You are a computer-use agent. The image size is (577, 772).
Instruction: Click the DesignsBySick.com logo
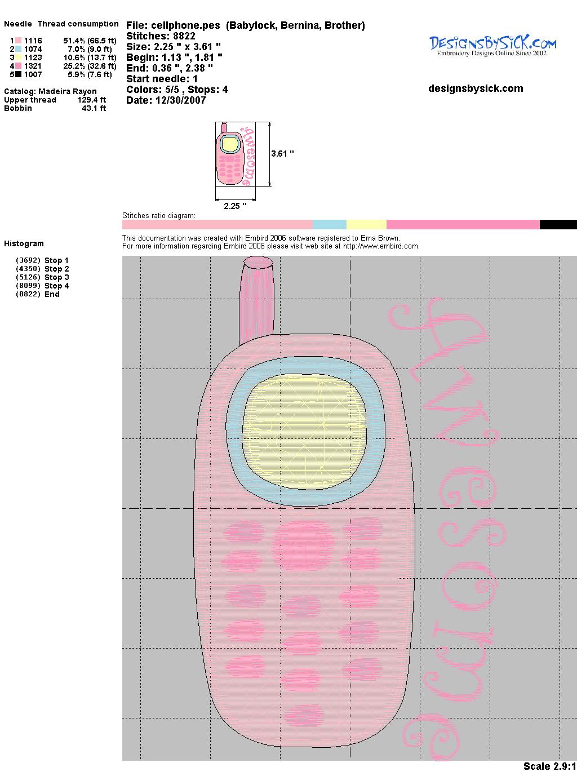492,46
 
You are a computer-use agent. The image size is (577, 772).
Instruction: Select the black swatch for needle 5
18,74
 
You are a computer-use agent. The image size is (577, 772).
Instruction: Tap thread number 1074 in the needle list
33,49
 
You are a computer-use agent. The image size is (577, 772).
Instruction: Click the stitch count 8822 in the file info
184,36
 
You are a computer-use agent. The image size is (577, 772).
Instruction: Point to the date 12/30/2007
181,101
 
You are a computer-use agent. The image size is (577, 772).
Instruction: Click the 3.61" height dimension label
282,154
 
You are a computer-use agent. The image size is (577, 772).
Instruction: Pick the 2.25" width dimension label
235,206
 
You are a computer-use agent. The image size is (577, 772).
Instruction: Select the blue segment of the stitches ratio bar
330,225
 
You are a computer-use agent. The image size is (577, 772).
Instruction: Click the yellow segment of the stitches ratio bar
366,225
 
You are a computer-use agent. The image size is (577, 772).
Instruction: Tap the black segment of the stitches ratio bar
558,225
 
